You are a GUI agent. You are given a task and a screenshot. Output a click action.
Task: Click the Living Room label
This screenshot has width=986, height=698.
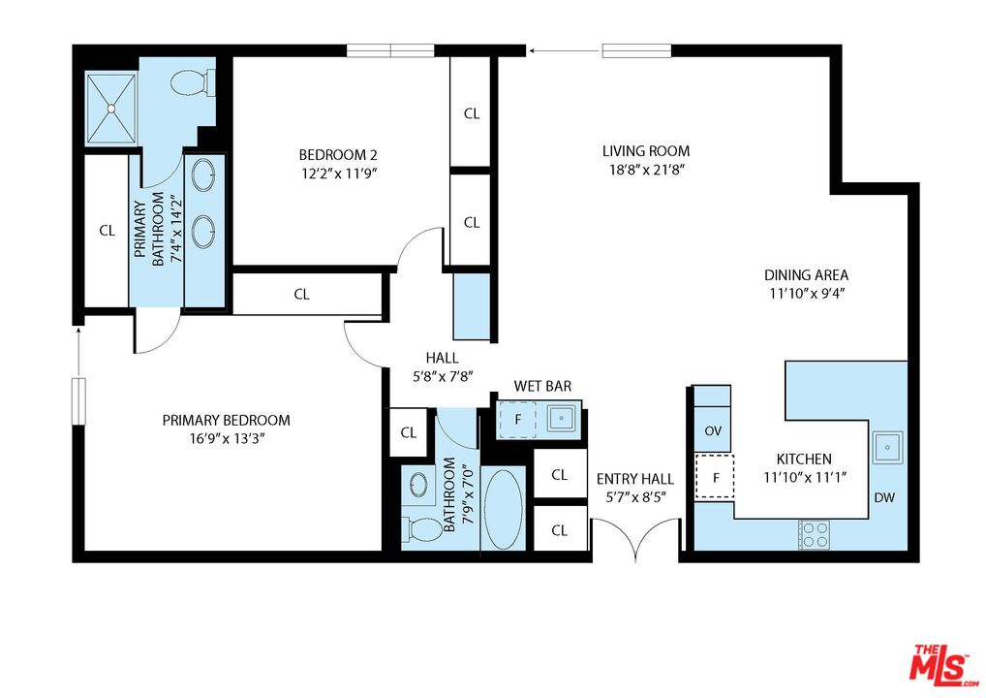coord(646,151)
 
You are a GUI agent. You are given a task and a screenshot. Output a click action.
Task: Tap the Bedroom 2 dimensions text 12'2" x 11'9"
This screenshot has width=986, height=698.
coord(339,174)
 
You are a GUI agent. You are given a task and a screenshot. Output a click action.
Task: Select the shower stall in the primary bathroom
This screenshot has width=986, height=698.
coord(110,109)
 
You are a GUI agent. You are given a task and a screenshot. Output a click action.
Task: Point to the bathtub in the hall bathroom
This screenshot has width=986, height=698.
coord(503,510)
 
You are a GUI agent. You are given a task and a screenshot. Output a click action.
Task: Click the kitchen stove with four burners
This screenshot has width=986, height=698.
coord(815,535)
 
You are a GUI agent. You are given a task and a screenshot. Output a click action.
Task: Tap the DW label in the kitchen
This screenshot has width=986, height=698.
coord(884,498)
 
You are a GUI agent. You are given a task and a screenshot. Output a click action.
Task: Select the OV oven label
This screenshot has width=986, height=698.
coord(713,431)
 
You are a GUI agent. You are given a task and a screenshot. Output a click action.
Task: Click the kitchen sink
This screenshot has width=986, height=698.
coord(887,447)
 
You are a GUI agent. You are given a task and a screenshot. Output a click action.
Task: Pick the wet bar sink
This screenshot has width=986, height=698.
coord(562,417)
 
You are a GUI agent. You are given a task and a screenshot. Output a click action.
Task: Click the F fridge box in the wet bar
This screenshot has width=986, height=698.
coord(517,419)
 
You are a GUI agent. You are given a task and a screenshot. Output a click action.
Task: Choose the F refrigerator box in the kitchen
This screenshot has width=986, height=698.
coord(715,476)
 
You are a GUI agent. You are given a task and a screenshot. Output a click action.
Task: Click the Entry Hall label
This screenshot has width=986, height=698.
coord(635,480)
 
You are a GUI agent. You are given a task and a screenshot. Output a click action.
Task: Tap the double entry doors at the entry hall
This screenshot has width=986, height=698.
coord(635,535)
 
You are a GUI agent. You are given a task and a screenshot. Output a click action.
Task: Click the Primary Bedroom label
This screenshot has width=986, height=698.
coord(227,421)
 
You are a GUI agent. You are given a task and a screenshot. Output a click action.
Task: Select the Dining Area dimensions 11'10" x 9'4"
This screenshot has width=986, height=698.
coord(806,294)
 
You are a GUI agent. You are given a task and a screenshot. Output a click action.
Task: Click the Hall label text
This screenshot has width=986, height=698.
coord(442,358)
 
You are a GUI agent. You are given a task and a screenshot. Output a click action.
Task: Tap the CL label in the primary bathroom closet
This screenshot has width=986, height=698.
coord(107,231)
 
